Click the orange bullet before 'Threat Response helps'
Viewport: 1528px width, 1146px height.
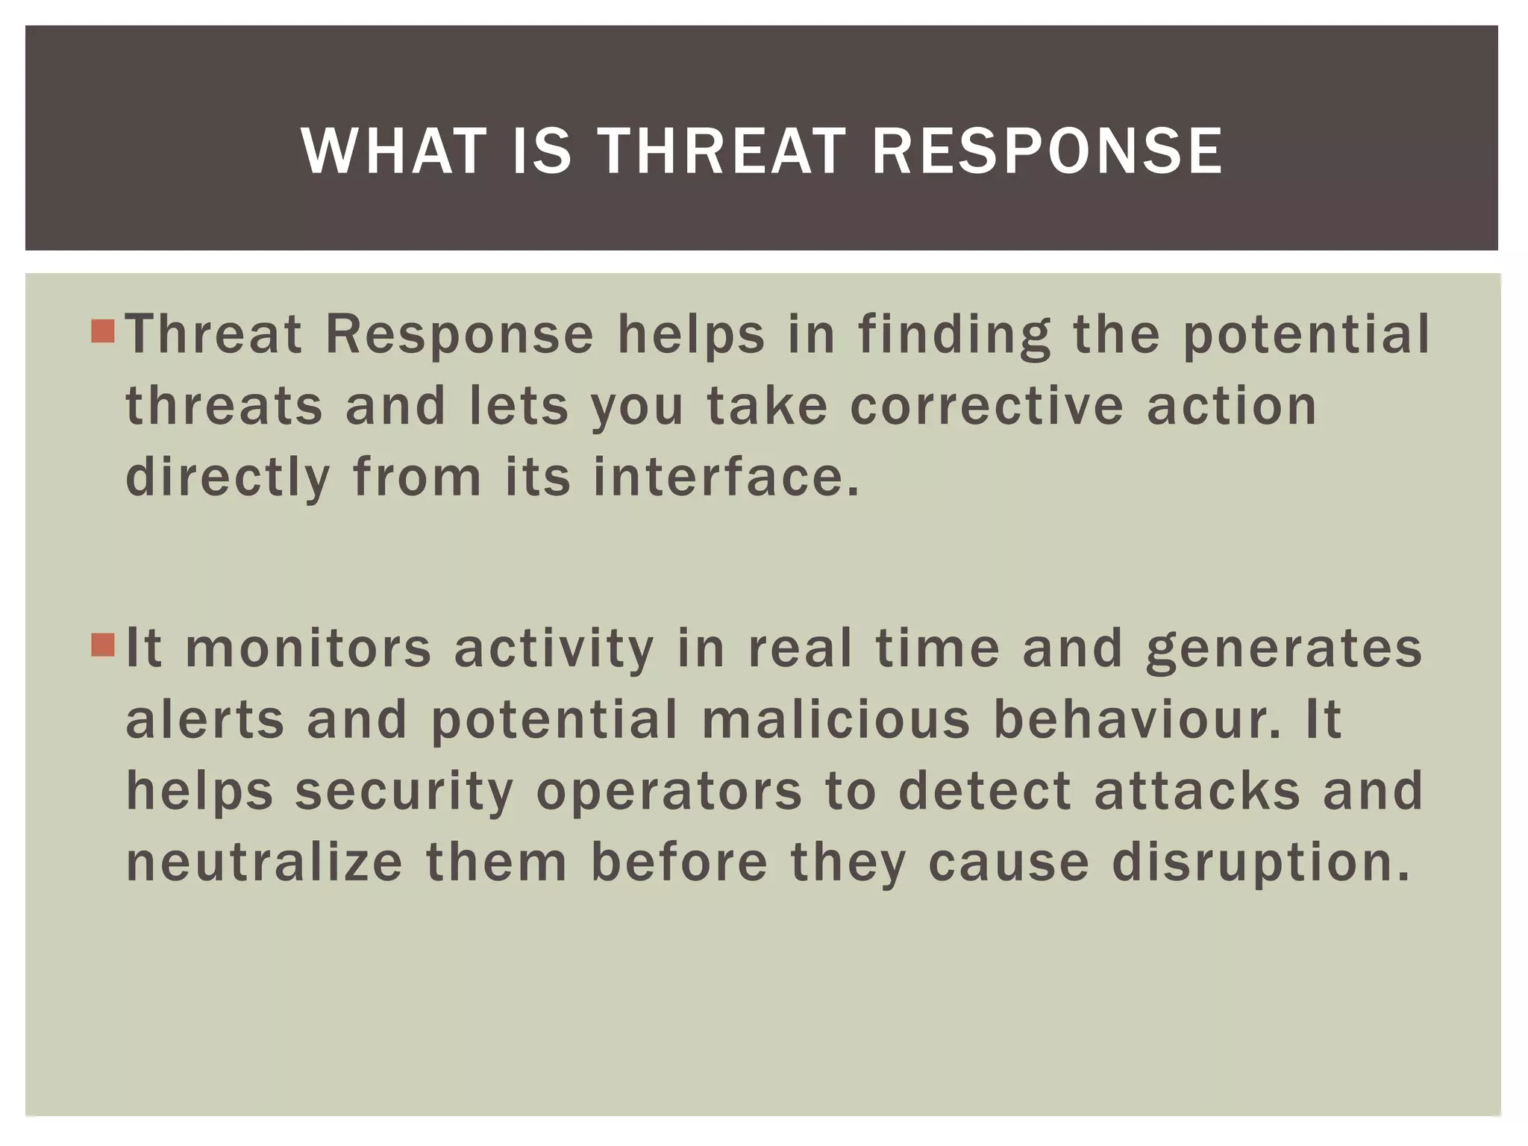103,331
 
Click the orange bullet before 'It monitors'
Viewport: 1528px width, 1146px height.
103,645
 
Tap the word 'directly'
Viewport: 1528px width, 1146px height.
228,477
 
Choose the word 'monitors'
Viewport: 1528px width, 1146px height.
308,648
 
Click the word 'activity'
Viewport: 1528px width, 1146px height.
554,648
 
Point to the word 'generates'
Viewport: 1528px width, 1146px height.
1284,648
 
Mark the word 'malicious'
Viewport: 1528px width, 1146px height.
836,719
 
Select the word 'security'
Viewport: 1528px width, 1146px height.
404,791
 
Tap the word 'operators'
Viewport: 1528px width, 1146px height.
669,791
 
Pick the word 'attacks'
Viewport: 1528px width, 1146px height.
1197,791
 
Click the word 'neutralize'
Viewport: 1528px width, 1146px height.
264,862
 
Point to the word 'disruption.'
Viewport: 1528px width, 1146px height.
1261,862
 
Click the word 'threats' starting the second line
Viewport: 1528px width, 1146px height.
224,406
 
